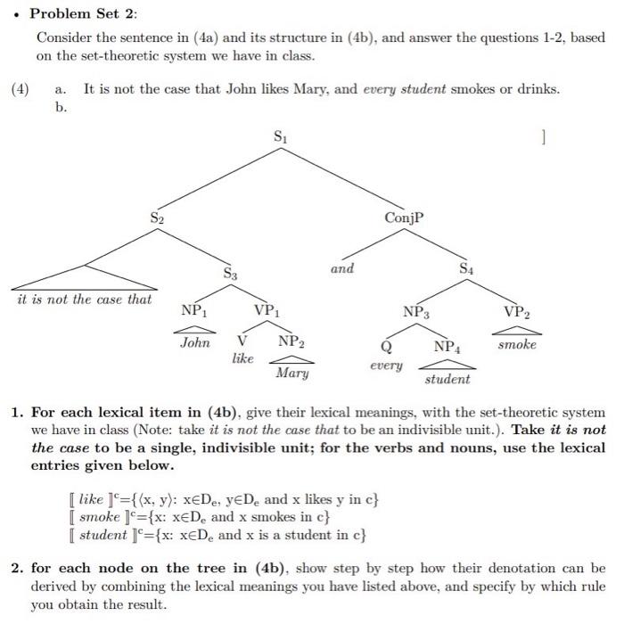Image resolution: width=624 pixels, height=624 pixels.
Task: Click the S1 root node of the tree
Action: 281,138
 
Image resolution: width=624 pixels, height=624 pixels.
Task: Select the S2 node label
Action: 157,218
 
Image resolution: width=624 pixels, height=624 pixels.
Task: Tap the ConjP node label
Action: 403,218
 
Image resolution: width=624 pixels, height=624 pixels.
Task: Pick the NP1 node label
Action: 193,310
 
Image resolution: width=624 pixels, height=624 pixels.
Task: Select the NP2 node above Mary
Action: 291,341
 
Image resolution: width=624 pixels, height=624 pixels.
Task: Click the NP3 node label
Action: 415,312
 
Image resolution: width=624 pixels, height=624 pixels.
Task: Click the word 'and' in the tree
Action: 342,267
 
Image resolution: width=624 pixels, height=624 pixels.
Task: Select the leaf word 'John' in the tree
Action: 194,342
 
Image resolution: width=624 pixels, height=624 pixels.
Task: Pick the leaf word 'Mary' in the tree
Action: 291,373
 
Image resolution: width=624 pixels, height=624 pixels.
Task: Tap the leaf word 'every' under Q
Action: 385,365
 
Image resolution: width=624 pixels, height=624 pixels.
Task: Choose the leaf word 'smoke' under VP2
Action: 517,343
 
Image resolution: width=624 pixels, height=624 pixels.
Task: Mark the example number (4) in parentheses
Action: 21,89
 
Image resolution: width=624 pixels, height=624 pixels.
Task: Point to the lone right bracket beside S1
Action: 541,138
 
